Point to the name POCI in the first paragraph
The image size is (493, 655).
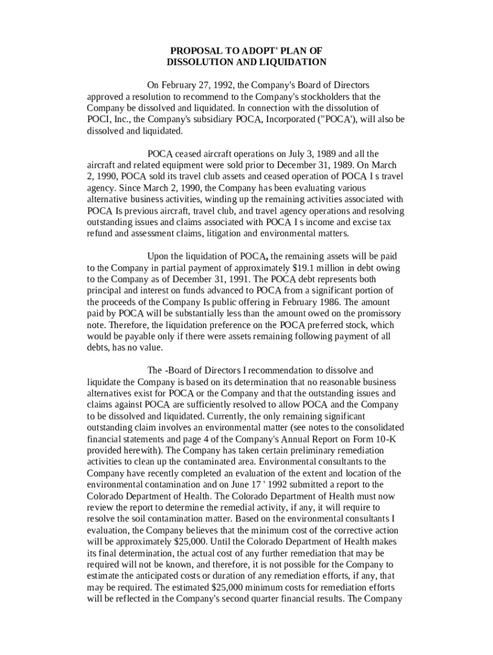pyautogui.click(x=98, y=120)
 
